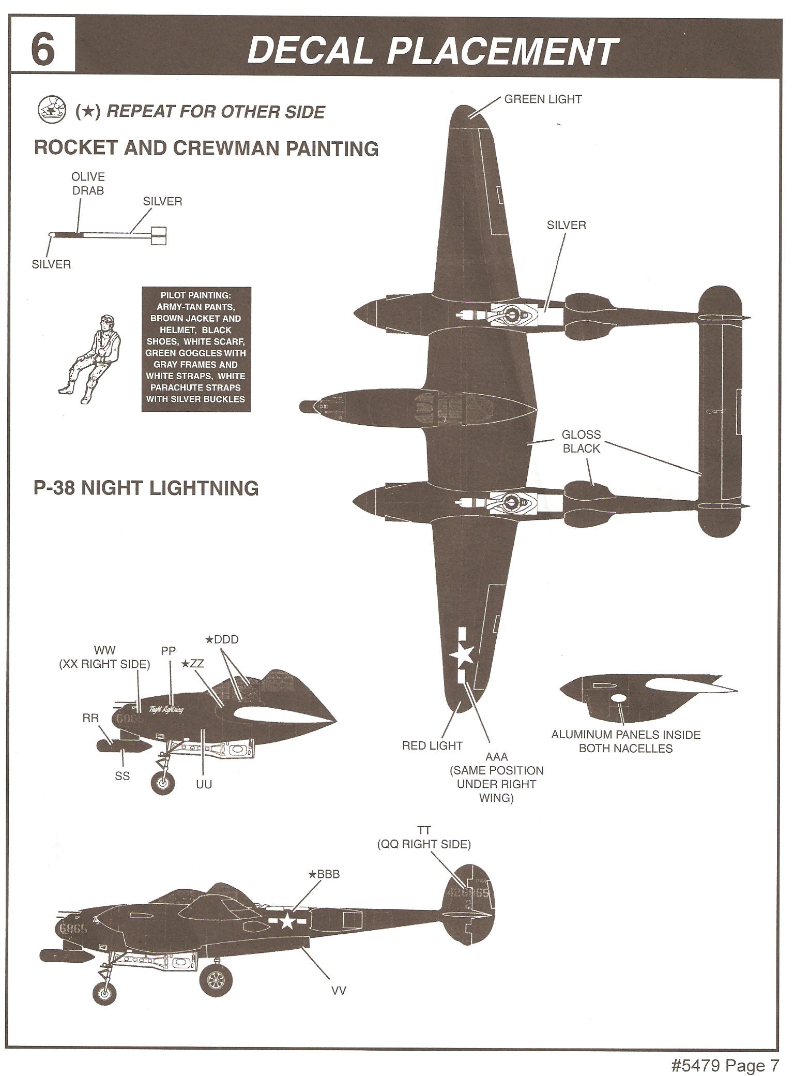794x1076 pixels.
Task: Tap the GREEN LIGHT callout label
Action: tap(543, 99)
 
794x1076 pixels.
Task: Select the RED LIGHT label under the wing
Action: tap(432, 745)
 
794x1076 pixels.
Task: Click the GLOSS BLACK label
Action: tap(582, 441)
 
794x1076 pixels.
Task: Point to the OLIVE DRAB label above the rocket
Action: tap(88, 184)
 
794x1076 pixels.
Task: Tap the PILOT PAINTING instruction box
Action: tap(196, 349)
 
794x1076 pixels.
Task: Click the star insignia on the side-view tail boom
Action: tap(287, 921)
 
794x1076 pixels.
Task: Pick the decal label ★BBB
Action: tap(324, 874)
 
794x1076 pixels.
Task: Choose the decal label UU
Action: tap(204, 784)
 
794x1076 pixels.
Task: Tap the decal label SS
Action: tap(123, 776)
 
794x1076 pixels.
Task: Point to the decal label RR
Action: tap(90, 718)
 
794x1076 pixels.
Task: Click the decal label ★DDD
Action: tap(222, 639)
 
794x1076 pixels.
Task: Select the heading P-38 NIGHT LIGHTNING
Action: tap(146, 488)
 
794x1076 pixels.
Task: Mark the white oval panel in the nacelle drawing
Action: tap(618, 698)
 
